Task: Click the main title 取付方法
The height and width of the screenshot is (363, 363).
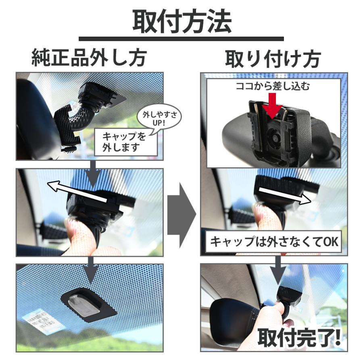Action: [x=182, y=21]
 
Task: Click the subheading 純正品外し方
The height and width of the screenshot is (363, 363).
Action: [x=89, y=58]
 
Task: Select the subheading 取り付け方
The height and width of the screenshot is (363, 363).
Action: [x=273, y=58]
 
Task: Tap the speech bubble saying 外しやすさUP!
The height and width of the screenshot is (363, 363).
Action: [x=159, y=119]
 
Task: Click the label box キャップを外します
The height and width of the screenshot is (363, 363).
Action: [x=126, y=142]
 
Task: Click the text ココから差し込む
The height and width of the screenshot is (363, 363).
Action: [x=273, y=86]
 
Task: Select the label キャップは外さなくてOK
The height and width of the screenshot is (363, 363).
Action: [x=273, y=242]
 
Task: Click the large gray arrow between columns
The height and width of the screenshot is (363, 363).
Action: [x=182, y=215]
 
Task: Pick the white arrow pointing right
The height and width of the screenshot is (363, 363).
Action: [x=285, y=195]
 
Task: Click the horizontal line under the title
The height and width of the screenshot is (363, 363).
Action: [x=181, y=39]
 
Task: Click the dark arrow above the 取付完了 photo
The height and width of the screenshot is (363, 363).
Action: [x=278, y=271]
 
